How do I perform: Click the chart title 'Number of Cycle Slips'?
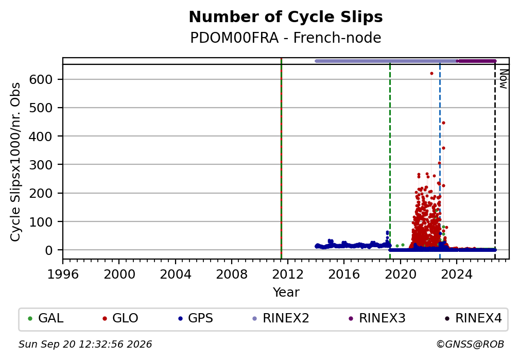pyautogui.click(x=286, y=17)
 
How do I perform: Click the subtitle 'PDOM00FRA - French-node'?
pyautogui.click(x=286, y=38)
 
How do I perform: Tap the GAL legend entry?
pyautogui.click(x=46, y=318)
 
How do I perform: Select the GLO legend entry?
pyautogui.click(x=120, y=318)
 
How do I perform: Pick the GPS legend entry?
pyautogui.click(x=196, y=318)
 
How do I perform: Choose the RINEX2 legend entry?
pyautogui.click(x=281, y=318)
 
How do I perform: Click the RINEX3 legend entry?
pyautogui.click(x=377, y=318)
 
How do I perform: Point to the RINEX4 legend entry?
pyautogui.click(x=473, y=318)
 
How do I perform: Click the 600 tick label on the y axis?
pyautogui.click(x=41, y=79)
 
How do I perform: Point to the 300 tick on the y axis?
pyautogui.click(x=41, y=165)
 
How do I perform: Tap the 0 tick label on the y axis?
pyautogui.click(x=49, y=250)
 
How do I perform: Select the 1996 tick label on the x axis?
pyautogui.click(x=63, y=274)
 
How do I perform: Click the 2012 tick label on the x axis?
pyautogui.click(x=288, y=274)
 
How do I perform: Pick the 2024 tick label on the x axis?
pyautogui.click(x=456, y=274)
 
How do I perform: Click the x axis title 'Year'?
pyautogui.click(x=286, y=292)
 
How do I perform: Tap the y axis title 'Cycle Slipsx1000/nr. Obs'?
pyautogui.click(x=15, y=162)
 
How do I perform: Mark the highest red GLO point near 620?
pyautogui.click(x=431, y=74)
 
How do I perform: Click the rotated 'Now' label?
pyautogui.click(x=503, y=79)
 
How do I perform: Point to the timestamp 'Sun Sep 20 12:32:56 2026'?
pyautogui.click(x=85, y=345)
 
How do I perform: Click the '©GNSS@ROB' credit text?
pyautogui.click(x=470, y=345)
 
